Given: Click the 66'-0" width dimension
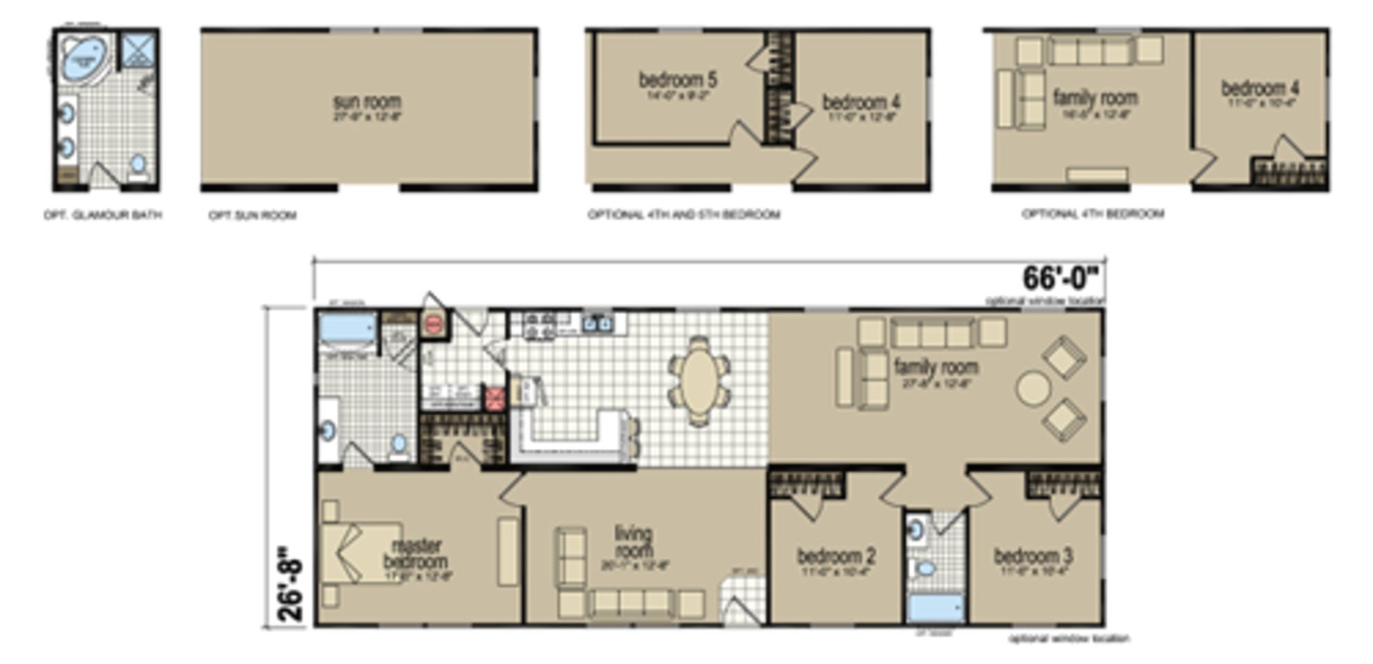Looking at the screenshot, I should point(1063,278).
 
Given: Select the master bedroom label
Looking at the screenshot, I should point(416,555).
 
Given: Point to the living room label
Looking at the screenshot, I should point(633,542).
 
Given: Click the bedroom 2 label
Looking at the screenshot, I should point(835,556).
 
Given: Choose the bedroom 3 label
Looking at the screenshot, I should point(1033,556).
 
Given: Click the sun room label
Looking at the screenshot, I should point(368,102).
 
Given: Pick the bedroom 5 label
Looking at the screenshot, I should point(677,80).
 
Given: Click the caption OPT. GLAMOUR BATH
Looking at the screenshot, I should point(103,215).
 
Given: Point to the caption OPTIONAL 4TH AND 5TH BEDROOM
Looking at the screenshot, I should point(684,214).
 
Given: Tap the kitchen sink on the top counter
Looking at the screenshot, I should point(597,324).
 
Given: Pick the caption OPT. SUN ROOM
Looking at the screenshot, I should point(252,215).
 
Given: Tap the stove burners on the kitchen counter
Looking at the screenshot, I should point(540,325).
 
